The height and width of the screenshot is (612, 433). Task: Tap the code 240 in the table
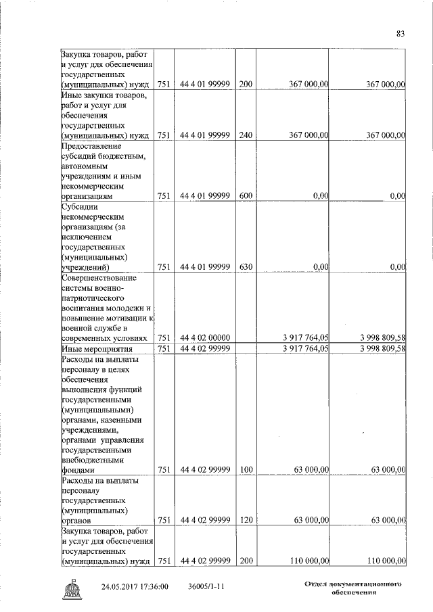pos(246,135)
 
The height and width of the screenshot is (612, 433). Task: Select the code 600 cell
pos(246,195)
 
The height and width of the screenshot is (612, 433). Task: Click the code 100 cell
pos(246,469)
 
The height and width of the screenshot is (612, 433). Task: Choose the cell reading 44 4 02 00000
pos(206,337)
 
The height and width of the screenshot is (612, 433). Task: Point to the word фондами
pos(78,469)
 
